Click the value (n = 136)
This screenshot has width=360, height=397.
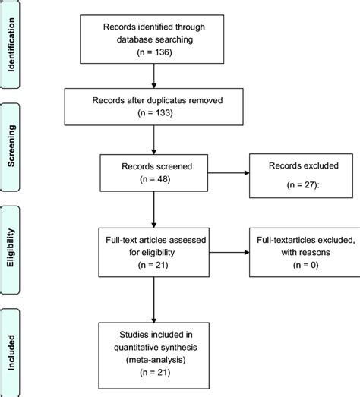pos(155,54)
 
